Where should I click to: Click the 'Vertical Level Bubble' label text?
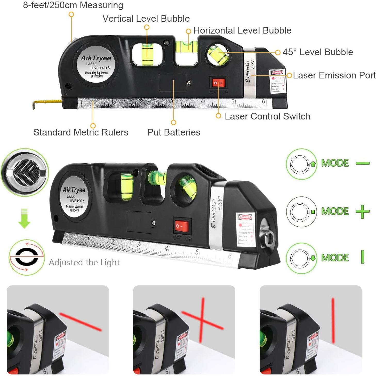point(146,19)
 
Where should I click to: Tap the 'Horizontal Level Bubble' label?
point(242,30)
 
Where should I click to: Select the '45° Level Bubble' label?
point(318,52)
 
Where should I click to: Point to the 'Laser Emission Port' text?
point(334,75)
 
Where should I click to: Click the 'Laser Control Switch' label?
point(267,116)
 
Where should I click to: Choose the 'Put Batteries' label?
point(174,132)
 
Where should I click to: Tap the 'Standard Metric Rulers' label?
point(81,132)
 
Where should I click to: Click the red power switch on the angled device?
point(182,226)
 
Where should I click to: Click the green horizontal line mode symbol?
point(363,163)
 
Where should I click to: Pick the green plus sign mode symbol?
point(363,212)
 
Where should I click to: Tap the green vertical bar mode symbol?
point(363,257)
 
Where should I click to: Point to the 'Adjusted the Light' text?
point(84,262)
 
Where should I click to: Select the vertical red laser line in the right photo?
point(333,320)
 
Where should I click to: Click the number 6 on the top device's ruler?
point(263,101)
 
